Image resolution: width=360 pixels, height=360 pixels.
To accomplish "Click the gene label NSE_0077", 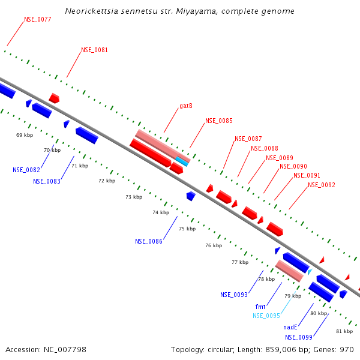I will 37,20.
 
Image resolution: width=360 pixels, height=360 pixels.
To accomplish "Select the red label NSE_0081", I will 94,50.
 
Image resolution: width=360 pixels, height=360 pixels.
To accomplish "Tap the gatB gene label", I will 185,106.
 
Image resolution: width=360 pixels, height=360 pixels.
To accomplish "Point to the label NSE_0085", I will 219,121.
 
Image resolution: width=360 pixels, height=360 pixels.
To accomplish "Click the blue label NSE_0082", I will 26,170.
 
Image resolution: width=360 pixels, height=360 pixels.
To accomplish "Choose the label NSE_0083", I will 47,181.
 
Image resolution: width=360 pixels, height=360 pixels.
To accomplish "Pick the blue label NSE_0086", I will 149,241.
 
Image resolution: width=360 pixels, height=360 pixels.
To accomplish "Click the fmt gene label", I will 260,307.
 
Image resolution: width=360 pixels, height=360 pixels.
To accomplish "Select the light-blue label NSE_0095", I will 266,316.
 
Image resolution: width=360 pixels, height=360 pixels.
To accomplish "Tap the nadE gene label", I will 290,328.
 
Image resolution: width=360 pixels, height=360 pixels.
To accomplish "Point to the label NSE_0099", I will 298,337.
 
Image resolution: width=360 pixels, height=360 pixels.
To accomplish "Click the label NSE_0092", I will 322,185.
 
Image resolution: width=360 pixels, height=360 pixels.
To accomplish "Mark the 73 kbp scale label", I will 134,197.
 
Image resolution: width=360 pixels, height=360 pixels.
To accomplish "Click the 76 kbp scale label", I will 214,245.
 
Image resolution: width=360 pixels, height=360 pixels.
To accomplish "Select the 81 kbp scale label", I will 344,331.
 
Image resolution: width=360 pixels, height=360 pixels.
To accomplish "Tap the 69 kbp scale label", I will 25,135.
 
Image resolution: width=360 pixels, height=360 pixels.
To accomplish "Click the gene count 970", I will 346,350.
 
